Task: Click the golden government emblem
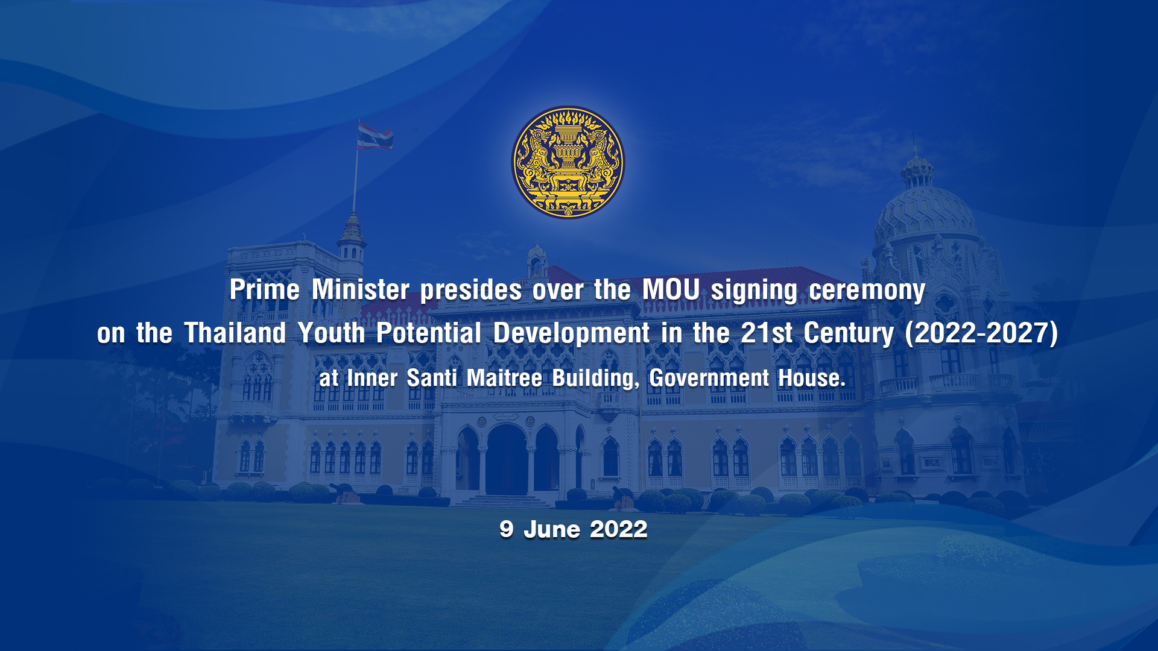tap(568, 163)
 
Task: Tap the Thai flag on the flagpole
tap(375, 136)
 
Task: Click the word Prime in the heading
tap(264, 290)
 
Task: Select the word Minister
tap(361, 290)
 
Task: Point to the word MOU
tap(671, 290)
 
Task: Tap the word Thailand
tap(235, 333)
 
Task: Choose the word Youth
tap(331, 333)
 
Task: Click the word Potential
tap(429, 333)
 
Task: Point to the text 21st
tap(767, 333)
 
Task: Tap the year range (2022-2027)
tap(981, 333)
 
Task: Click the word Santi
tap(432, 378)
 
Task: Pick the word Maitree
tap(504, 378)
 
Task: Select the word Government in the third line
tap(709, 378)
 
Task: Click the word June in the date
tap(551, 529)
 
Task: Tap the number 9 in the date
tap(506, 529)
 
